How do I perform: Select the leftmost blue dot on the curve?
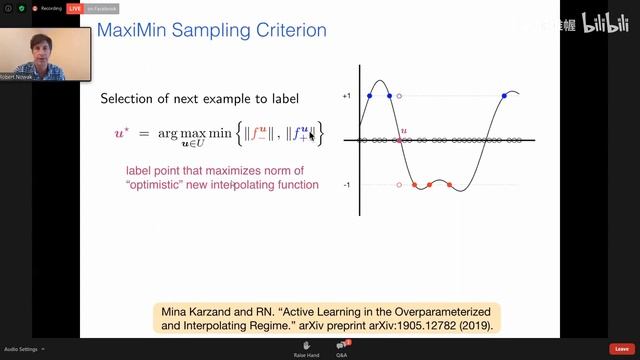pos(369,96)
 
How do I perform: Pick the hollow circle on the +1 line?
pos(399,96)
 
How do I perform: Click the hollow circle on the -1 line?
pos(399,185)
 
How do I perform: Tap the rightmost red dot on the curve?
pos(449,185)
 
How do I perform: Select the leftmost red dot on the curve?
pos(411,185)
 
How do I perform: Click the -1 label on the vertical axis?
pos(346,185)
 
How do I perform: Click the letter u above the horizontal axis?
pos(403,131)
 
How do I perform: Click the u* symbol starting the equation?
pos(121,133)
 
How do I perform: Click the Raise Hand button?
pos(306,349)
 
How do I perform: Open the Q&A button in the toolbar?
pos(341,349)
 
